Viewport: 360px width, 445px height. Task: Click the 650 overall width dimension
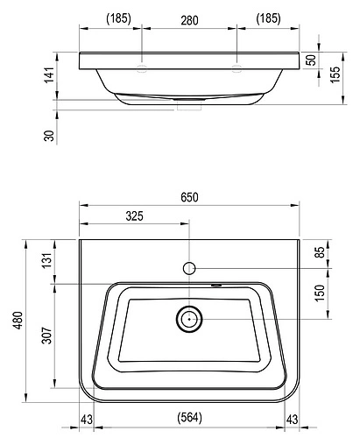(189, 197)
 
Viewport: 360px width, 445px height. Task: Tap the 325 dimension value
(134, 216)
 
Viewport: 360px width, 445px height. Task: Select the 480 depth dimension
(18, 321)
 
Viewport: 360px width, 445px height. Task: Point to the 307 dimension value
(46, 336)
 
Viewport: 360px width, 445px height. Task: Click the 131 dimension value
(46, 260)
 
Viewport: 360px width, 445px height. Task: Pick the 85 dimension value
(321, 252)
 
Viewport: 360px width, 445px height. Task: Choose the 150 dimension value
(320, 293)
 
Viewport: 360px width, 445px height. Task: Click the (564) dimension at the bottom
(189, 417)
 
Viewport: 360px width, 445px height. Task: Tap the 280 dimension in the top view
(189, 20)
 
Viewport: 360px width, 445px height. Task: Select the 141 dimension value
(49, 74)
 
